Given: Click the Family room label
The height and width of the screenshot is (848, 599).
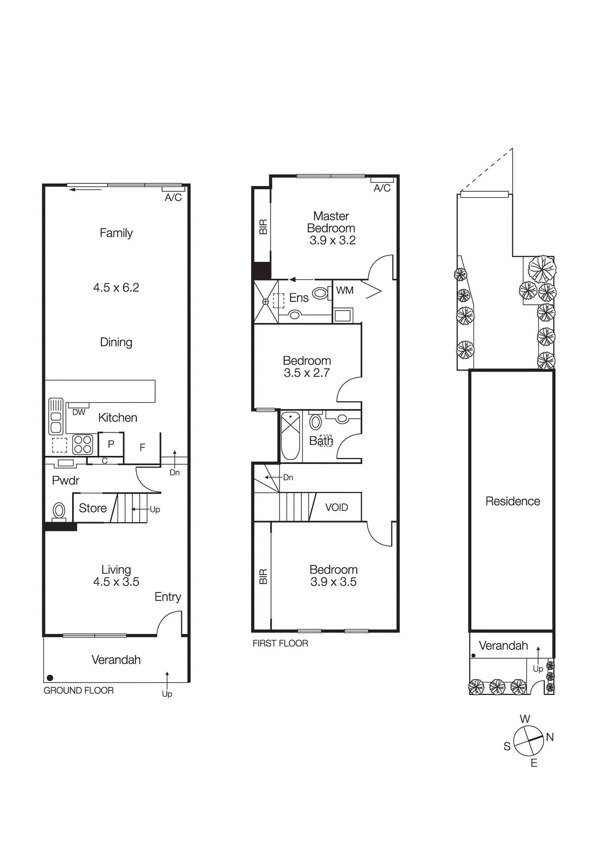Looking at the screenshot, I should (116, 233).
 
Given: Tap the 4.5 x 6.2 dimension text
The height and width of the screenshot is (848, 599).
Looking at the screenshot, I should (116, 287).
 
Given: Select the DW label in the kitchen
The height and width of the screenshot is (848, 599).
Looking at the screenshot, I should (78, 412).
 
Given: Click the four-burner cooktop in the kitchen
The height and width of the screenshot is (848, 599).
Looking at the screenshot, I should (83, 444).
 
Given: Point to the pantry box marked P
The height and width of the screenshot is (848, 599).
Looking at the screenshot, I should (111, 444).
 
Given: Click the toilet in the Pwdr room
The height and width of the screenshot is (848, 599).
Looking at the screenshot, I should (59, 511).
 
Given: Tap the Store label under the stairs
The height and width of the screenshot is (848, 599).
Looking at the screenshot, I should (93, 508).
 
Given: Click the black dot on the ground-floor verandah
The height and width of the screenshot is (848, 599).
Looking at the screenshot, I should (50, 677).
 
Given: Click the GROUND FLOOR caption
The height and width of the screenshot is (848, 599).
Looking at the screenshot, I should (78, 690).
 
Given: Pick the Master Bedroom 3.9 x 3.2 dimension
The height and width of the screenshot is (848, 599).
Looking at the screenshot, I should (332, 240).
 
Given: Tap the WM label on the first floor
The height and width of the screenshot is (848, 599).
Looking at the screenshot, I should (344, 290).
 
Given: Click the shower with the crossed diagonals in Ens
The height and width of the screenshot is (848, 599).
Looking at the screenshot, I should (266, 302).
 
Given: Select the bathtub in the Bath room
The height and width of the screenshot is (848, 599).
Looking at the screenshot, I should (290, 436).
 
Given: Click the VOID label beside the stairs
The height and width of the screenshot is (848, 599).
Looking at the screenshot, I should (336, 507).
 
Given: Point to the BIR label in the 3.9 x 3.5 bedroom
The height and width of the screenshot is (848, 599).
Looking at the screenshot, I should (263, 576).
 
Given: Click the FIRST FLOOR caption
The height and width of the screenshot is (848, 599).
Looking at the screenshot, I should (280, 643).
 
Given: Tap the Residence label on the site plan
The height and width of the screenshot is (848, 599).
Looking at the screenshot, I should (512, 501).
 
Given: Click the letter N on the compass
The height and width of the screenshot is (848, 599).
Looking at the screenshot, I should (550, 737).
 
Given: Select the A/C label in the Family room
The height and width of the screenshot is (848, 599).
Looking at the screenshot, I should (173, 197).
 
